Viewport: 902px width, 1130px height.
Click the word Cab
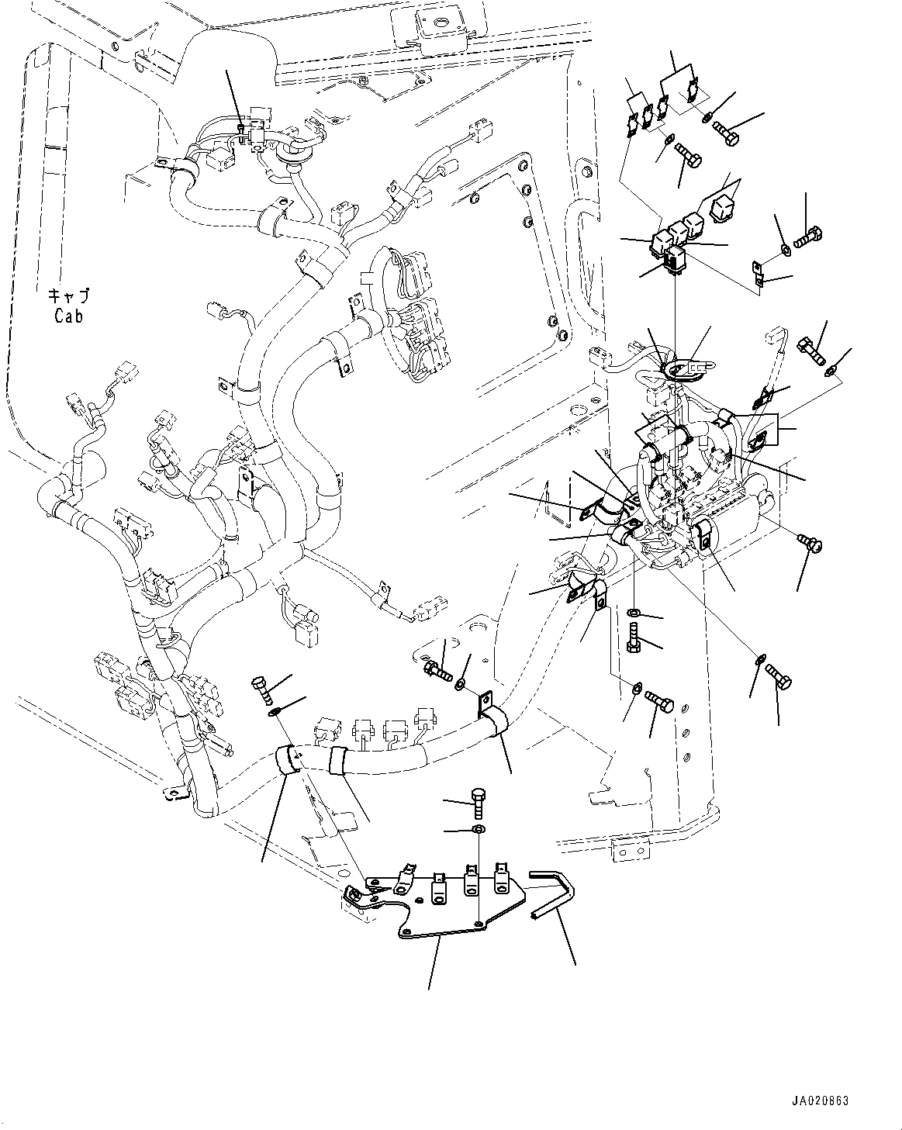click(69, 316)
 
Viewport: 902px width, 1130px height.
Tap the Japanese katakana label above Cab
click(69, 295)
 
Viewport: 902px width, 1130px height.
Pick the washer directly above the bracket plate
click(479, 845)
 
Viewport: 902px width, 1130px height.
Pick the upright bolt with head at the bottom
click(634, 638)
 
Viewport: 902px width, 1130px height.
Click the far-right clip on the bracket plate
click(502, 880)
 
